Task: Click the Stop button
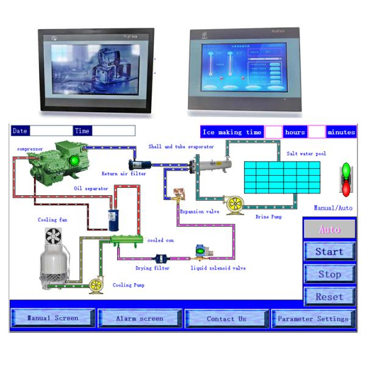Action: [x=329, y=274]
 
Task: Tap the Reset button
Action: [x=329, y=296]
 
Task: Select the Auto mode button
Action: [x=329, y=229]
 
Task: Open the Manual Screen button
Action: [x=53, y=318]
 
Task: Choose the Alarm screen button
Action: [x=140, y=318]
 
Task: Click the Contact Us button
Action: [x=226, y=318]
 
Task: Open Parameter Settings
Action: [x=313, y=318]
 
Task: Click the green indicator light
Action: [x=346, y=169]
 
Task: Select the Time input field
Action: [x=113, y=131]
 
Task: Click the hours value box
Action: [x=273, y=132]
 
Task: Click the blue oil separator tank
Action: [x=112, y=215]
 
